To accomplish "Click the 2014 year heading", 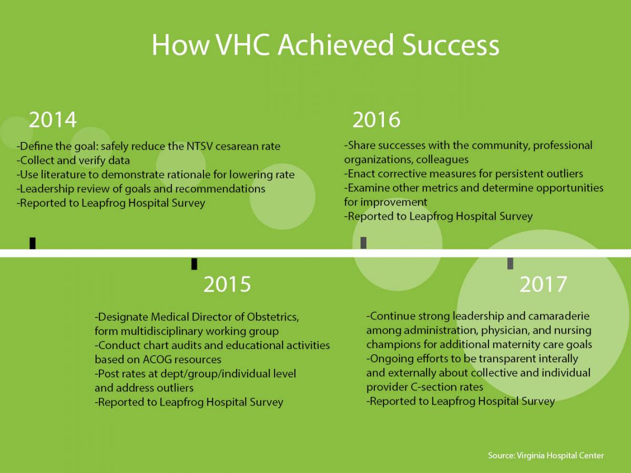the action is click(53, 120).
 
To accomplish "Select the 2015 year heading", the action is click(227, 284).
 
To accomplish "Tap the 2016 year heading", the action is click(376, 120).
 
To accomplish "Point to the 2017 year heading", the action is click(543, 284).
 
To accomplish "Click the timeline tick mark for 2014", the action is click(33, 243).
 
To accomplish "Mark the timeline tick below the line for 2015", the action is click(195, 264).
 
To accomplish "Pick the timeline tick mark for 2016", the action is click(363, 243).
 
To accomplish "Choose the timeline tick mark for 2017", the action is click(510, 263).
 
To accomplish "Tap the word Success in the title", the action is click(451, 45).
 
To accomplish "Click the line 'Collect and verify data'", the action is click(73, 160).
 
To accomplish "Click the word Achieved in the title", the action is click(335, 45).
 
